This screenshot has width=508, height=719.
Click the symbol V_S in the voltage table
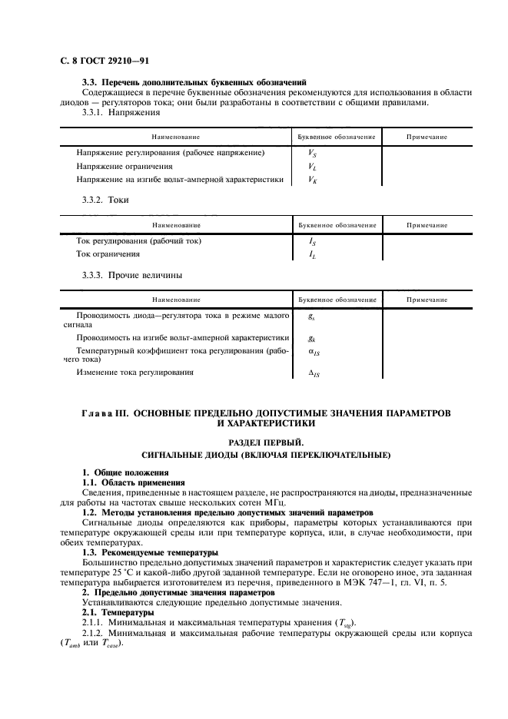(x=312, y=153)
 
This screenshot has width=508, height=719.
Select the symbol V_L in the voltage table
(x=312, y=166)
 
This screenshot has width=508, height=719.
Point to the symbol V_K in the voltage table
(x=312, y=180)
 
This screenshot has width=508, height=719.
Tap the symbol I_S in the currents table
(x=312, y=240)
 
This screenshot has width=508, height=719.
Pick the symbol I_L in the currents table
(x=312, y=253)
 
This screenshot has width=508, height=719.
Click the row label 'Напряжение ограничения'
(x=124, y=166)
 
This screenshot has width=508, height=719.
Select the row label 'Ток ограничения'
(x=108, y=253)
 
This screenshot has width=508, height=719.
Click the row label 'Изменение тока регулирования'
(x=134, y=372)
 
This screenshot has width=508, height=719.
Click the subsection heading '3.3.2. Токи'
(x=105, y=200)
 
